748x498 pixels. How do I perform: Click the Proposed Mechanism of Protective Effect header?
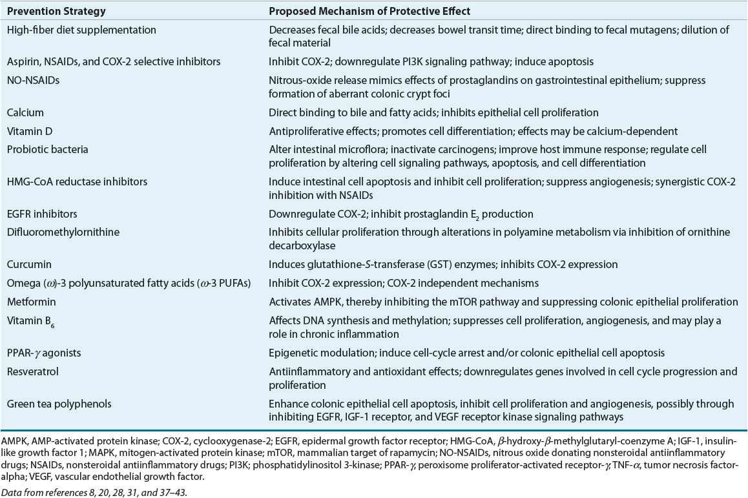tap(378, 12)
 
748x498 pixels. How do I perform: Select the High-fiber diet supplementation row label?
tap(81, 30)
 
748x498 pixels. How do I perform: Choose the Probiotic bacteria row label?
tap(47, 149)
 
